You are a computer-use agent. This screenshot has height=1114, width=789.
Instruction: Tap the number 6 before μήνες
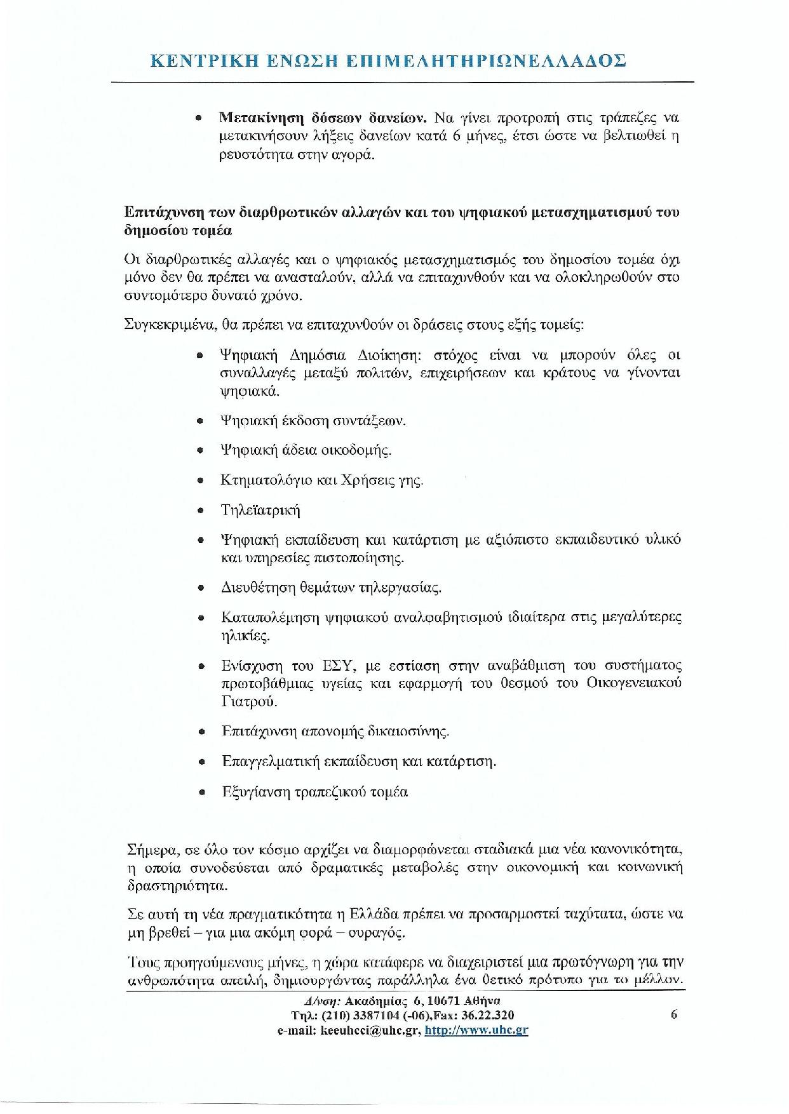[456, 136]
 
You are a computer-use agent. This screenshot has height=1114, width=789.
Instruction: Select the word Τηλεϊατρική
[260, 511]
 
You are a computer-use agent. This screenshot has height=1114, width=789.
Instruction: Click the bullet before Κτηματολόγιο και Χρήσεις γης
[201, 481]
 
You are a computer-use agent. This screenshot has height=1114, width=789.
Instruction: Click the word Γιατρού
[249, 702]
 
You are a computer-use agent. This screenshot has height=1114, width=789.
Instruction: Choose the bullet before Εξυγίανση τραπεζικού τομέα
[201, 793]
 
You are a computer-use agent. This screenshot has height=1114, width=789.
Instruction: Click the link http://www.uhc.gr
[476, 1031]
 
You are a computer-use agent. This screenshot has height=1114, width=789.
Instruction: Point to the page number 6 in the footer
[674, 1014]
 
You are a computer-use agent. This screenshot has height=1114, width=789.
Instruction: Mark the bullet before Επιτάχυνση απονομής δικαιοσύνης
[201, 732]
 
